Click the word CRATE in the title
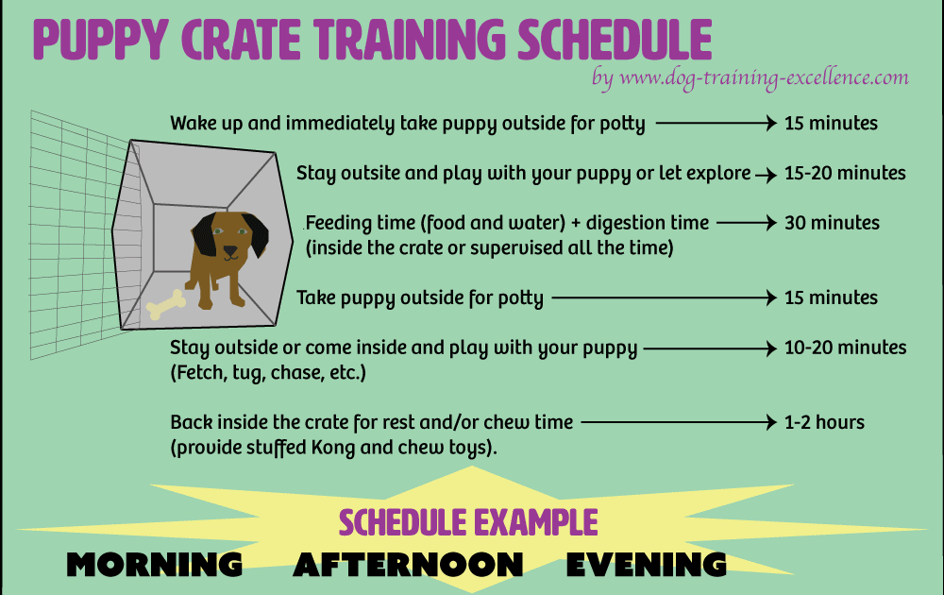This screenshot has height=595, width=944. click(x=241, y=40)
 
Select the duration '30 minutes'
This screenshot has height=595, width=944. click(x=832, y=223)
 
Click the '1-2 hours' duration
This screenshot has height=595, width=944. click(x=824, y=422)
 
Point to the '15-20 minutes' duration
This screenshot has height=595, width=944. click(x=845, y=173)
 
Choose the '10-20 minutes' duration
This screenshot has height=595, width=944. click(x=845, y=348)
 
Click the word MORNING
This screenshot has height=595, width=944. click(x=154, y=565)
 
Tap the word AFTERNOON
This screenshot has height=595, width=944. click(x=408, y=565)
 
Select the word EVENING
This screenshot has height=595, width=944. click(x=646, y=565)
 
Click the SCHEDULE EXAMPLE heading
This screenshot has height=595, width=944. click(x=468, y=522)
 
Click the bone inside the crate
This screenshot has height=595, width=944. click(x=165, y=305)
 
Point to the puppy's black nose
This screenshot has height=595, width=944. click(x=230, y=250)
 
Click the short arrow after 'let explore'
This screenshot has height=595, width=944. click(x=766, y=176)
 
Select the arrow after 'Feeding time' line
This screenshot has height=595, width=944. click(x=747, y=223)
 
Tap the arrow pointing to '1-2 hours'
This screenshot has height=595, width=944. click(x=679, y=422)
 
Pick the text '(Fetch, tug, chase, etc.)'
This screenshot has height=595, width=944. click(x=268, y=373)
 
